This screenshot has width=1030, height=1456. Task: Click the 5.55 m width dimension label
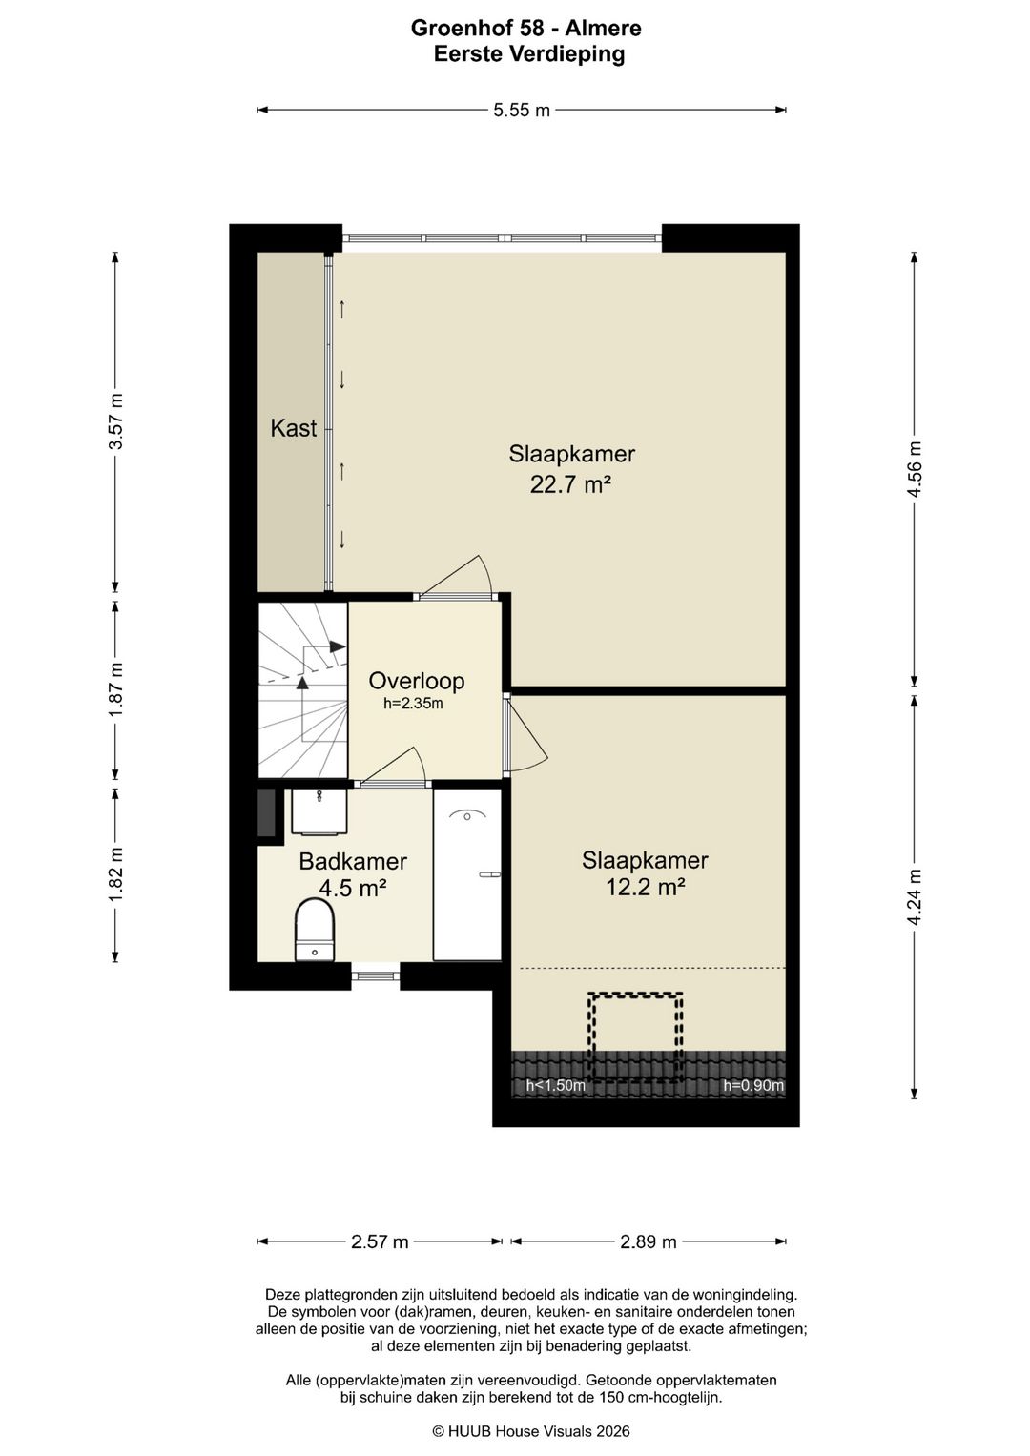(522, 111)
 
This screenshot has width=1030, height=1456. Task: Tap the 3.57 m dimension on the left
(116, 421)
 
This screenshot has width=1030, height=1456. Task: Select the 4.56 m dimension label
(915, 469)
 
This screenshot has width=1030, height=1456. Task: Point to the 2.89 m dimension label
(649, 1242)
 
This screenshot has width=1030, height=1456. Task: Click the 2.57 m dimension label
(380, 1242)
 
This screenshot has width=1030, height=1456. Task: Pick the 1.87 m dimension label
(116, 690)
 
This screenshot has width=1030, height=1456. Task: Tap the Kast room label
(294, 428)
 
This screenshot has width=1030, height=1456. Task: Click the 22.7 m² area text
(571, 485)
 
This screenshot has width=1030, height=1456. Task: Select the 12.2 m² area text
(646, 888)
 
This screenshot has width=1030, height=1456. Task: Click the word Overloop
(417, 681)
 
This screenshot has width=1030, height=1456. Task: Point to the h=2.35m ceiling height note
(414, 704)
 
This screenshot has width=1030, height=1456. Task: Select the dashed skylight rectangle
(635, 1037)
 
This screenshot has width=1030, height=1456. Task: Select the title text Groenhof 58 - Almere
(526, 28)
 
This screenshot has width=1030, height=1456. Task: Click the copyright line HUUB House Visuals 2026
(531, 1432)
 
